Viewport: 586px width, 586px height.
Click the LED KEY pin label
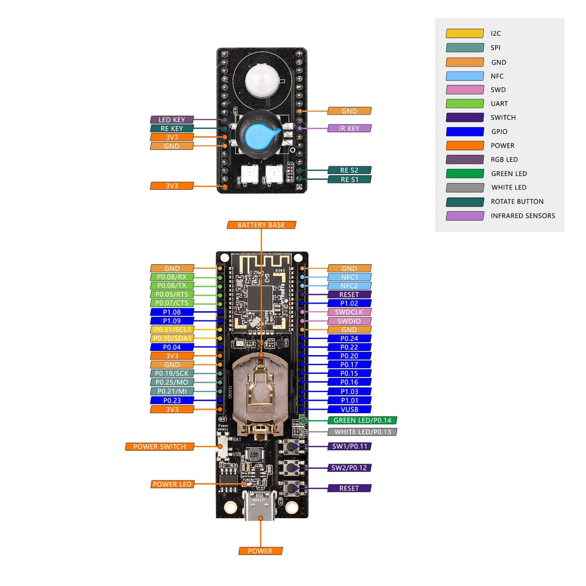172,120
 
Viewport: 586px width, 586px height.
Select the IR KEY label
349,128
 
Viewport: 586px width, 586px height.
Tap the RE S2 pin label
349,171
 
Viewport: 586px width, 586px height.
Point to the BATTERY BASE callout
261,225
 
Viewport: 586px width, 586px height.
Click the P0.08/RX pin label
172,277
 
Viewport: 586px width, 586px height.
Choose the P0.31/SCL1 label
172,330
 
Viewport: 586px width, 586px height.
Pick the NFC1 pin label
349,277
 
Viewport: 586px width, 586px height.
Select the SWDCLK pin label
349,312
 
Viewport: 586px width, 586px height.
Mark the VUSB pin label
349,409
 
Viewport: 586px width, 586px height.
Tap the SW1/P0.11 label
349,446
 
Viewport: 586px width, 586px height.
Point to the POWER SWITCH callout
159,447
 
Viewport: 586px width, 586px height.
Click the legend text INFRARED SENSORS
523,216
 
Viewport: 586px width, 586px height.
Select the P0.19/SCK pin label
172,374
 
